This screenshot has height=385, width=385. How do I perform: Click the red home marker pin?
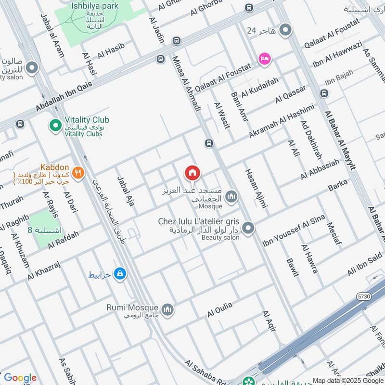[192, 173]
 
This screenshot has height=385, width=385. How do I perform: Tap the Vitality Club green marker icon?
[55, 127]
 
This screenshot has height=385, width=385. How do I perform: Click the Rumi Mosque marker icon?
[167, 308]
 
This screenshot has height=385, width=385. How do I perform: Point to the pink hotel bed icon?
[265, 59]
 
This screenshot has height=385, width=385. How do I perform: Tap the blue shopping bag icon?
[120, 274]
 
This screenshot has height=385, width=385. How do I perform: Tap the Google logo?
[20, 378]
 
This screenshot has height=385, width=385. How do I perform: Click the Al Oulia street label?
[220, 309]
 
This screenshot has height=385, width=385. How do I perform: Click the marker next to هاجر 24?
[286, 31]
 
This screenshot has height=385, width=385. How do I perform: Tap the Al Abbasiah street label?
[320, 170]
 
